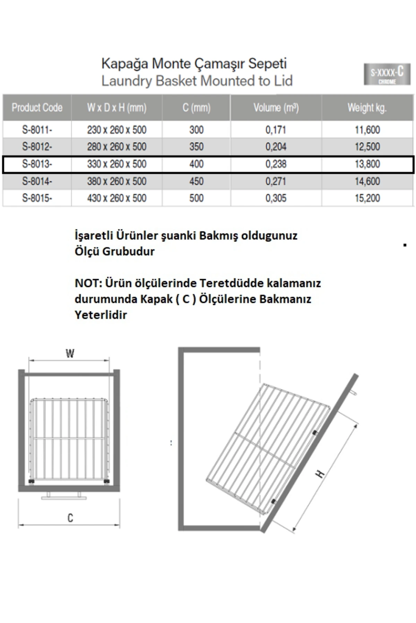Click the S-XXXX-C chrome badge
click(387, 74)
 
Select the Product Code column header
click(37, 108)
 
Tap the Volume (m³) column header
click(276, 108)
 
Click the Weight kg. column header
click(367, 108)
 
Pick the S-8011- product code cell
click(37, 130)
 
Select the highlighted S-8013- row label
click(37, 164)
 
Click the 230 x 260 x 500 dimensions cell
click(117, 130)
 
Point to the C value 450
click(196, 181)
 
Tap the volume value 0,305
click(276, 198)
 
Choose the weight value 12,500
click(367, 147)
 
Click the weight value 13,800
click(367, 164)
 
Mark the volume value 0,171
click(276, 130)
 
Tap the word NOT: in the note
click(88, 283)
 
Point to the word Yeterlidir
click(101, 315)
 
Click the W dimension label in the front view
click(70, 353)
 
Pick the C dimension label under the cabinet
click(70, 518)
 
